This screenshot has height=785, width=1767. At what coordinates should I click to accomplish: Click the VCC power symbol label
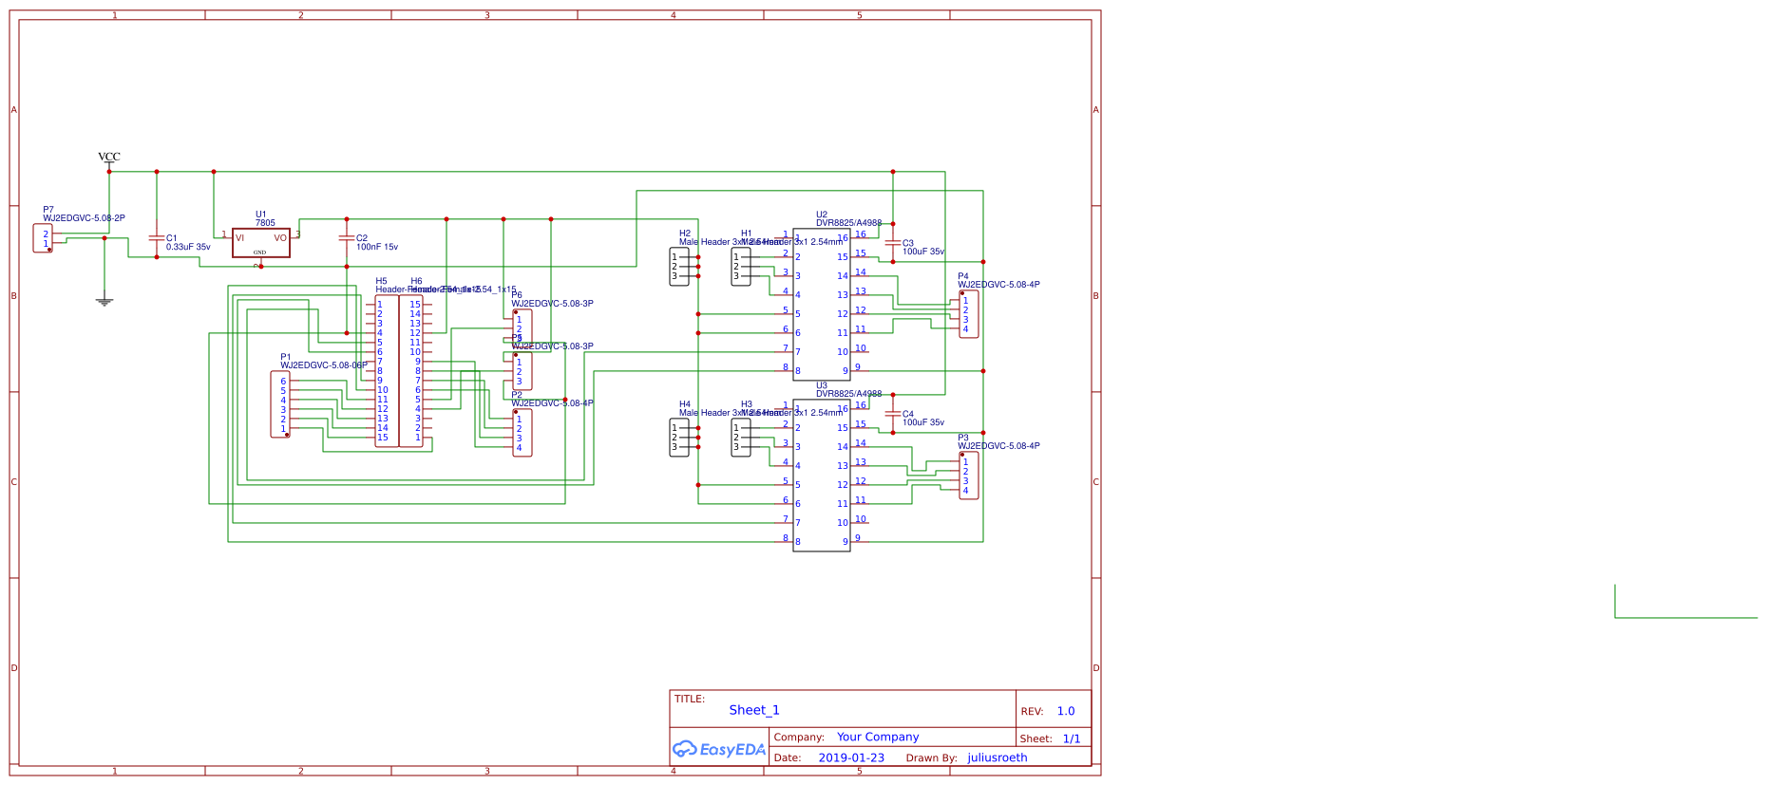pos(109,157)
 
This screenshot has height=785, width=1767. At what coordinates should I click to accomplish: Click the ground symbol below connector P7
pos(104,302)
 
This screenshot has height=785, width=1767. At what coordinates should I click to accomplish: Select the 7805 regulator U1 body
pos(261,242)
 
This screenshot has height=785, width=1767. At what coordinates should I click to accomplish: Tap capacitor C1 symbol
pos(157,239)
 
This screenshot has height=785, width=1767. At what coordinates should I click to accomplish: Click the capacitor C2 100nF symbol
pos(347,238)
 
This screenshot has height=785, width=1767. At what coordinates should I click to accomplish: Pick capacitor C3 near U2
pos(893,243)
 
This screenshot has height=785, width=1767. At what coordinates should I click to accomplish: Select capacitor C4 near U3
pos(893,414)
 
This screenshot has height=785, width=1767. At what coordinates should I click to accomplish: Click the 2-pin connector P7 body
pos(44,238)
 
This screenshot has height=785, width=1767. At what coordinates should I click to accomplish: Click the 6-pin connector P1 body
pos(280,404)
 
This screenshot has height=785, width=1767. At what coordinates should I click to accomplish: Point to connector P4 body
pos(969,314)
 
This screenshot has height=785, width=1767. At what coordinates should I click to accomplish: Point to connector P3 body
pos(969,476)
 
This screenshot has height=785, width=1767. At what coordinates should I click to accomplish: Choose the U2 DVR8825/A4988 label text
pos(848,223)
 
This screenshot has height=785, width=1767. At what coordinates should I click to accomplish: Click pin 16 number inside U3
pos(842,409)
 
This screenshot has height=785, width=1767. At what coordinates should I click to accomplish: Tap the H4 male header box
pos(679,438)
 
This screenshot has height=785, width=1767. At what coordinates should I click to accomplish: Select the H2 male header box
pos(679,267)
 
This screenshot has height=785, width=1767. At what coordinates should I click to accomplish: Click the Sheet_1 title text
pos(754,710)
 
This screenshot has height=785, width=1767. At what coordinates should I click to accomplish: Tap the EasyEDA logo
pos(719,749)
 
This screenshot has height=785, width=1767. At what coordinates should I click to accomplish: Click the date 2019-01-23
pos(851,757)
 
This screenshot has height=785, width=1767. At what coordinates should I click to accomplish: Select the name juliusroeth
pos(997,757)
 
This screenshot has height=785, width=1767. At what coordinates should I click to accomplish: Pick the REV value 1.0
pos(1066,711)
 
